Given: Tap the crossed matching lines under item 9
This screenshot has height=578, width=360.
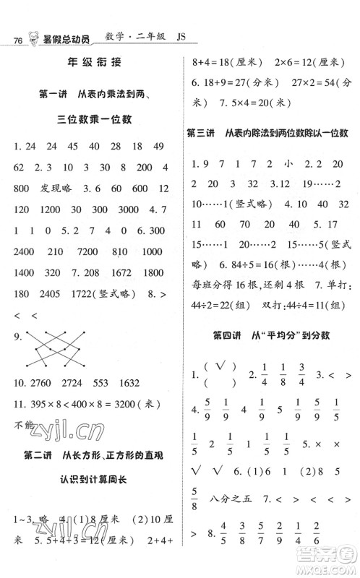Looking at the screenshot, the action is pyautogui.click(x=63, y=345).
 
